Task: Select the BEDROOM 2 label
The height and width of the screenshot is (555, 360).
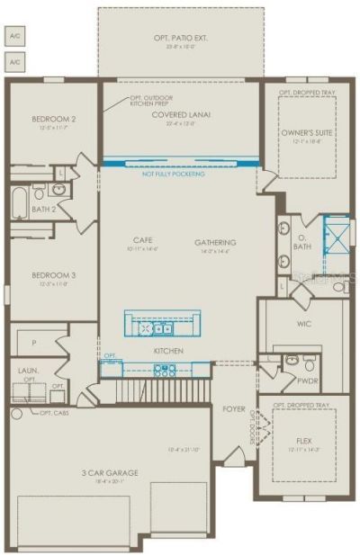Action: [53, 119]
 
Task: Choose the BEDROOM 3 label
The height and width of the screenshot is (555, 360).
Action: [53, 275]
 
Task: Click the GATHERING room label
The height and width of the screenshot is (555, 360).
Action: [215, 242]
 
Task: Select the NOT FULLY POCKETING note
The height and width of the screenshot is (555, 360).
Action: [173, 174]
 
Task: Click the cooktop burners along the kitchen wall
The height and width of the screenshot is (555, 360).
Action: [165, 369]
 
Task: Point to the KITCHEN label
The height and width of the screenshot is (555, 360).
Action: [168, 350]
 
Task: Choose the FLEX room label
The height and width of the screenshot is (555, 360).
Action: [303, 442]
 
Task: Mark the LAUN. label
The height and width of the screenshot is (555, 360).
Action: [28, 370]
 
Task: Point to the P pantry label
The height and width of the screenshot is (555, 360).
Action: [33, 342]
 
